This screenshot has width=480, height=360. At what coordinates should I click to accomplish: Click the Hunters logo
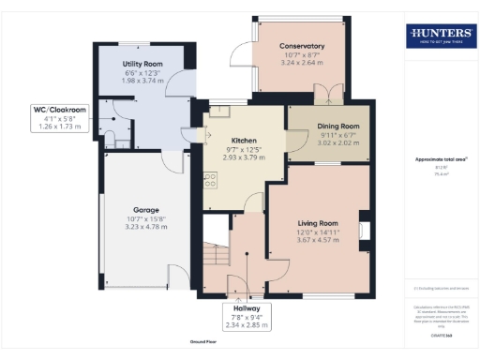click(x=439, y=37)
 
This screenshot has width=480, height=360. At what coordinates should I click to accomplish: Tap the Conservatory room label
click(x=301, y=46)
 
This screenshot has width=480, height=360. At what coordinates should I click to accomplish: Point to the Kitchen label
click(x=232, y=140)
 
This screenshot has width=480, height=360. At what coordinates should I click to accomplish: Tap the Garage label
click(x=145, y=210)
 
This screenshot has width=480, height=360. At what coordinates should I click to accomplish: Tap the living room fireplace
click(x=363, y=230)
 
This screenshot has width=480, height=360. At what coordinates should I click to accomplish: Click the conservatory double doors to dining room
click(x=327, y=95)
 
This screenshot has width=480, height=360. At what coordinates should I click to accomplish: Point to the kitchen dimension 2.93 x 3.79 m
click(x=232, y=158)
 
